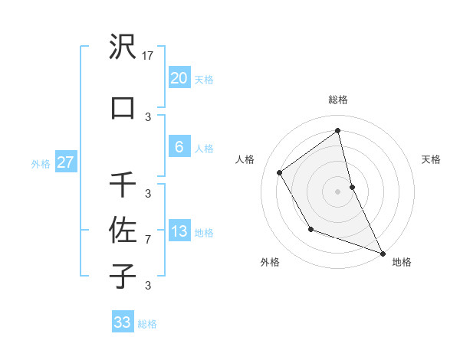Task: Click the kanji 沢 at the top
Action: tap(123, 47)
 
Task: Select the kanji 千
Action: tap(123, 185)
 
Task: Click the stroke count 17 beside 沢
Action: tap(149, 56)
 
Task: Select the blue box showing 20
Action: tap(179, 78)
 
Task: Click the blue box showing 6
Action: tap(179, 147)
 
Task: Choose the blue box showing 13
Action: tap(179, 231)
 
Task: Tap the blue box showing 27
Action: tap(65, 162)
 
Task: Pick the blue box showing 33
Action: tap(123, 322)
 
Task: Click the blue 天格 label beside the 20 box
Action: tap(204, 80)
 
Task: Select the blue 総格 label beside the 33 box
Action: tap(148, 324)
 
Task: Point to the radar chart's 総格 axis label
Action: tap(338, 100)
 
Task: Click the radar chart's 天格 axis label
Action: tap(432, 159)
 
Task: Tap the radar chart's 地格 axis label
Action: tap(402, 262)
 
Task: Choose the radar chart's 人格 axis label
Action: tap(245, 159)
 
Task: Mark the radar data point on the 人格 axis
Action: tap(280, 172)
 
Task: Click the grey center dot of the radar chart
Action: tap(338, 191)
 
